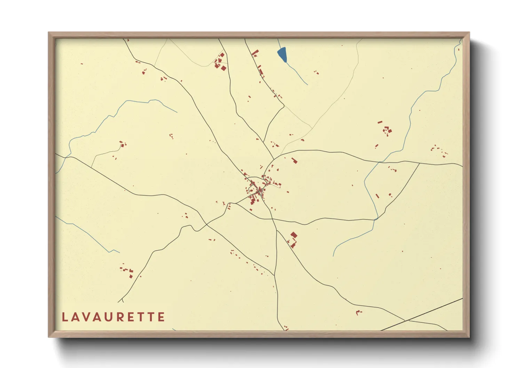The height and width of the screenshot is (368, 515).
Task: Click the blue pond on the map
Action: pyautogui.click(x=282, y=54)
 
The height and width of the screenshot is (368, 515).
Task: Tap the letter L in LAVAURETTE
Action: pyautogui.click(x=65, y=317)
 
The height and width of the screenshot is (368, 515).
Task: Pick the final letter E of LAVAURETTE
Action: pyautogui.click(x=161, y=317)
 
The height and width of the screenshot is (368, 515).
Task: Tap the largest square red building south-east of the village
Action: pyautogui.click(x=294, y=235)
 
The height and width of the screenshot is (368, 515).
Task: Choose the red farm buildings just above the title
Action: pyautogui.click(x=127, y=270)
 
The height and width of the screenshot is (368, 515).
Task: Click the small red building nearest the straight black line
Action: pyautogui.click(x=358, y=312)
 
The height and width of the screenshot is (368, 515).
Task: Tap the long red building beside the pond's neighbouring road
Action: pyautogui.click(x=255, y=53)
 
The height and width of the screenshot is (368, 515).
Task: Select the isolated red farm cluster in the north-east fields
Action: pyautogui.click(x=386, y=131)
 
